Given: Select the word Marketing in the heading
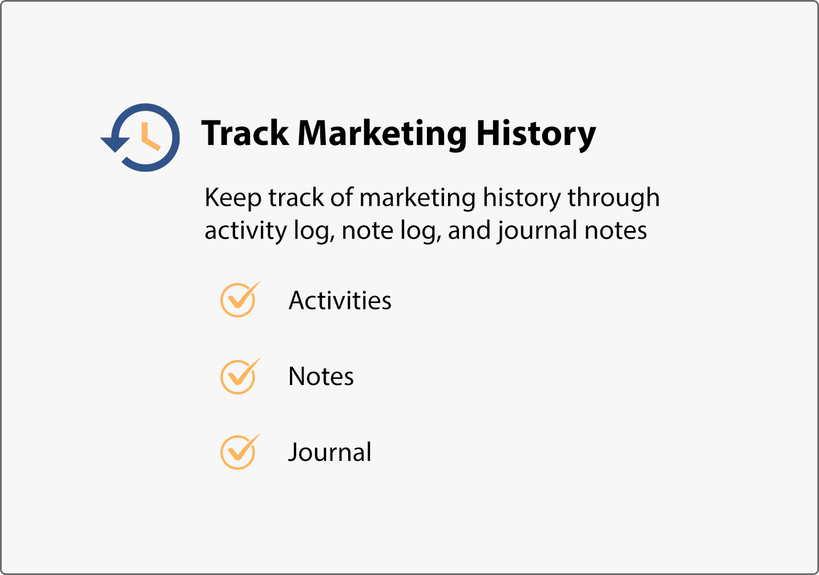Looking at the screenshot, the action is [382, 135].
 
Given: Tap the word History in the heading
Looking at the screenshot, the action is [536, 135].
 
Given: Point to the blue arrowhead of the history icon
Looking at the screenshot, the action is [115, 144].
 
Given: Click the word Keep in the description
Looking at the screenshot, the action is [233, 199].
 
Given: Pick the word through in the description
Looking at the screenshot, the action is [614, 199].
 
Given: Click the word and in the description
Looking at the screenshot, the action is [469, 230].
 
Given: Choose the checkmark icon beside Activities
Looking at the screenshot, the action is [240, 299].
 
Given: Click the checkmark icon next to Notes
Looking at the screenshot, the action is [240, 376].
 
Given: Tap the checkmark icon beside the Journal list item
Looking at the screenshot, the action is [240, 451].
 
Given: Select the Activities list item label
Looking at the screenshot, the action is [340, 300].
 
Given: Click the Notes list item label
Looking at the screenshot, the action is [321, 376].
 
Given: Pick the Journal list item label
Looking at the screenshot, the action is [330, 452].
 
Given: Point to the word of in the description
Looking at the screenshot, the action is [341, 197].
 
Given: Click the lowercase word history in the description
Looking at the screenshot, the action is [522, 199].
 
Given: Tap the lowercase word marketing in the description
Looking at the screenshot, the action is [418, 199].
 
